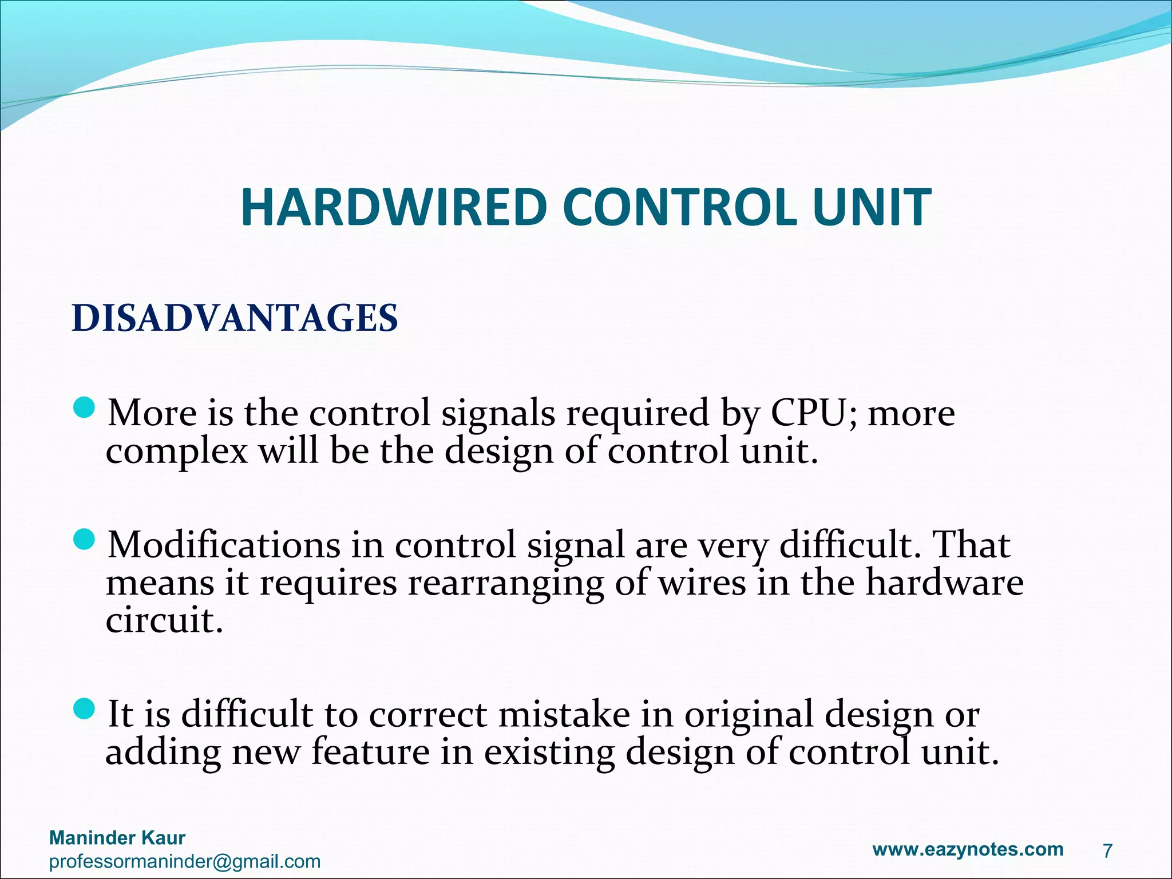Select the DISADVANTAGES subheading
click(235, 318)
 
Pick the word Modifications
click(224, 545)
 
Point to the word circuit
click(164, 621)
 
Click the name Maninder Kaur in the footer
click(117, 838)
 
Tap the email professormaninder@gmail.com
click(185, 861)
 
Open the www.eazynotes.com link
click(968, 849)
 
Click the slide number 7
click(1107, 851)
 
